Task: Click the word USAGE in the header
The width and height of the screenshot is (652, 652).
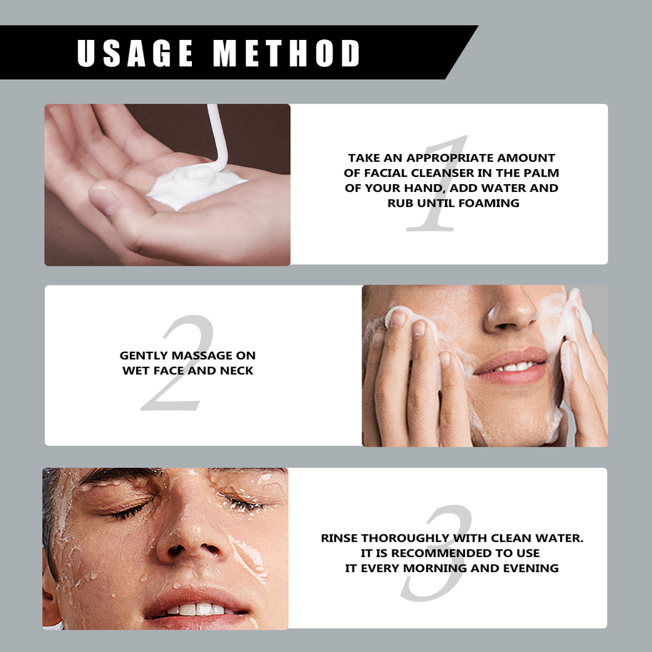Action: pyautogui.click(x=135, y=53)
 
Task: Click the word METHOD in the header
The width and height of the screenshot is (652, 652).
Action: pyautogui.click(x=286, y=53)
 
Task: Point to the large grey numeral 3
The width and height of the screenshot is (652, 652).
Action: pyautogui.click(x=437, y=552)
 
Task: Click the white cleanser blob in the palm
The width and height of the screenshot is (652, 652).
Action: pyautogui.click(x=196, y=185)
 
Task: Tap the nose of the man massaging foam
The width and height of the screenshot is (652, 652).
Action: pyautogui.click(x=510, y=312)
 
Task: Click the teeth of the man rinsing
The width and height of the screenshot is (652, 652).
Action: pyautogui.click(x=197, y=609)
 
